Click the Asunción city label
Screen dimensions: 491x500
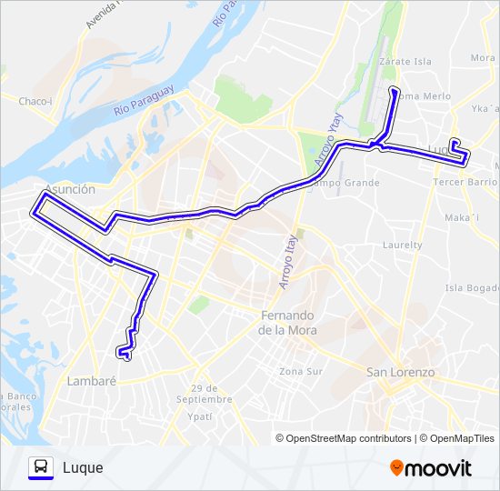point(68,189)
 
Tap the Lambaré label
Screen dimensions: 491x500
point(92,382)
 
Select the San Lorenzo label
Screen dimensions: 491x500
point(400,372)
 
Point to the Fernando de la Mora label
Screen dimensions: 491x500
point(288,323)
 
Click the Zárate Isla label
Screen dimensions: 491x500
point(405,62)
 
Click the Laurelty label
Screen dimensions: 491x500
point(403,245)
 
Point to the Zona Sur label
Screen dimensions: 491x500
point(301,371)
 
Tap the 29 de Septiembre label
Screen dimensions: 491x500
point(205,394)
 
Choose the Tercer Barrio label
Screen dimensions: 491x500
point(464,181)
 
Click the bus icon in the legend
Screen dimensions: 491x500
point(41,467)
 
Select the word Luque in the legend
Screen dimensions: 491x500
point(83,468)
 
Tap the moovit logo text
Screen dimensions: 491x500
point(438,468)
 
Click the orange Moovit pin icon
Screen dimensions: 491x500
point(396,468)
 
